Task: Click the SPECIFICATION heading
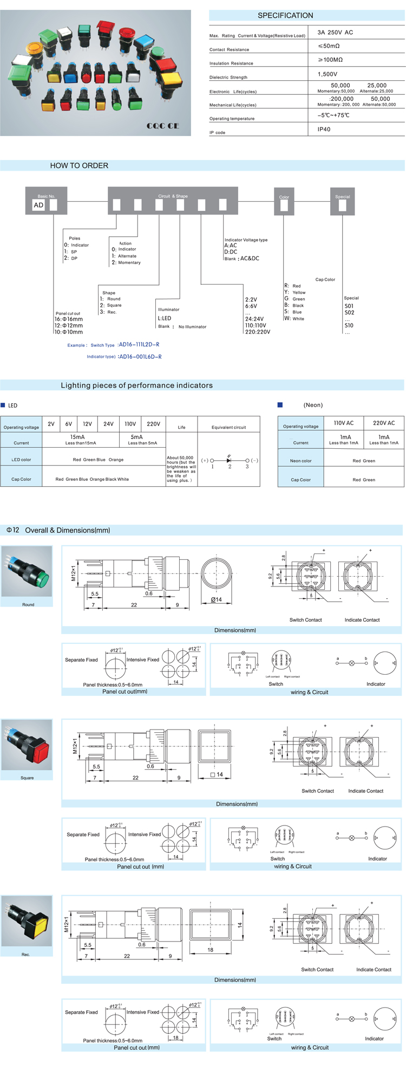pos(285,16)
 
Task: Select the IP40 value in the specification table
pos(324,130)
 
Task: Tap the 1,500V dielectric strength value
pos(328,74)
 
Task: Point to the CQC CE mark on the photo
pos(162,126)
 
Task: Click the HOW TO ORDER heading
pos(79,166)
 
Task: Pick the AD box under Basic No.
pos(38,205)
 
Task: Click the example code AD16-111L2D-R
pos(139,345)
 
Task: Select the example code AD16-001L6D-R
pos(140,357)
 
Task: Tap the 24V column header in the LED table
pos(108,424)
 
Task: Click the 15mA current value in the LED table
pos(77,437)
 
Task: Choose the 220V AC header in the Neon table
pos(384,423)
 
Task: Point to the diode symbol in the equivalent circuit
pos(230,460)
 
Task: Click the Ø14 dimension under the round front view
pos(217,599)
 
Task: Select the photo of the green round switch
pos(27,571)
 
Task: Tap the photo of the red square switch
pos(27,745)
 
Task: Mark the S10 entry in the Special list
pos(349,325)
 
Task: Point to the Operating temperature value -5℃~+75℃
pos(333,115)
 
